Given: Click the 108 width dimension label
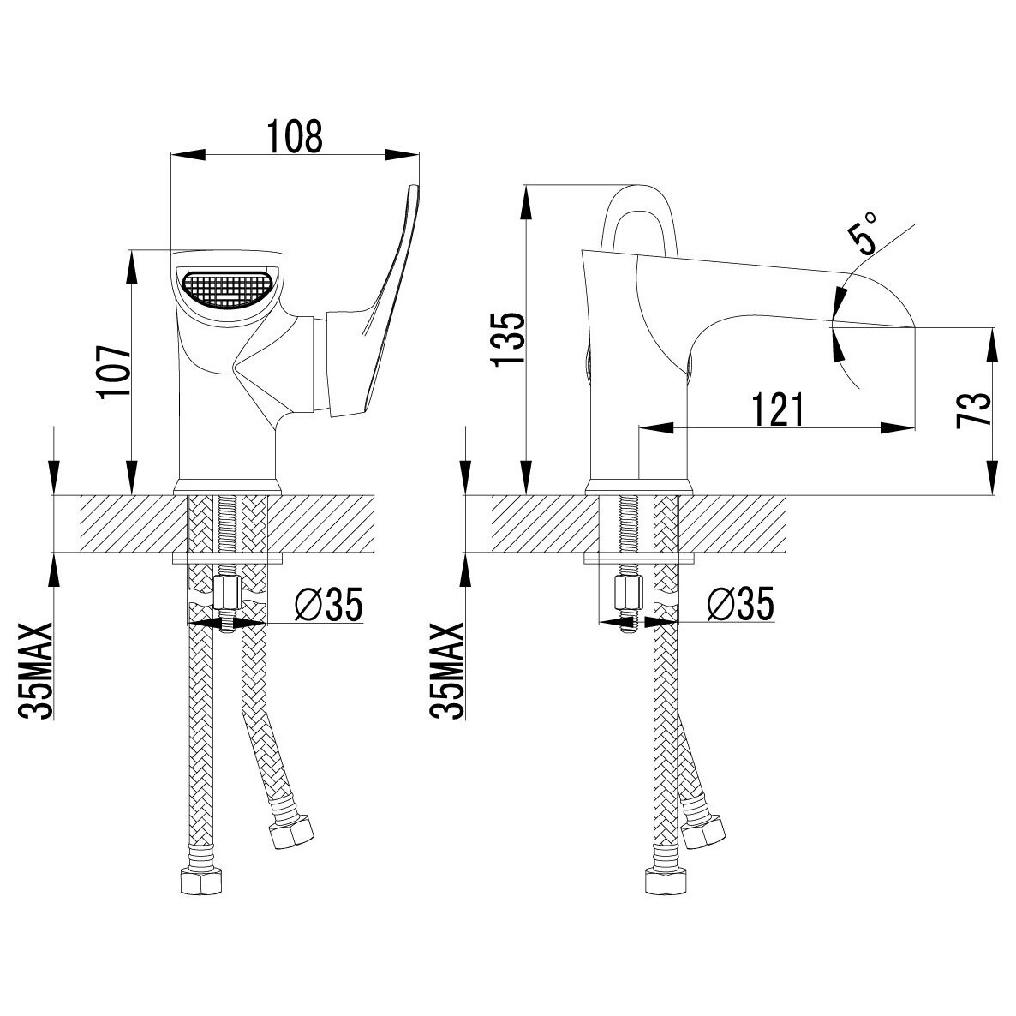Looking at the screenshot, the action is pos(296,136).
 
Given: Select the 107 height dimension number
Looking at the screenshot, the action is pos(115,372).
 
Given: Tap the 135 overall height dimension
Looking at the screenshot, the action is pos(509,339).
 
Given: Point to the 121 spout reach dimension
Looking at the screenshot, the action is pos(778,409).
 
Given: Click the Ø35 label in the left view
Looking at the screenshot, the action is pos(328,604).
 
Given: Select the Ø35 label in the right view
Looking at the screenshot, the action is pos(741,604).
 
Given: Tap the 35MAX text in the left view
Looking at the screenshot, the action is pos(35,671).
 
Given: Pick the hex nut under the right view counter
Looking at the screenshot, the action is pos(627,591).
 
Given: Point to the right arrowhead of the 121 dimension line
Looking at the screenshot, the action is pos(898,427).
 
